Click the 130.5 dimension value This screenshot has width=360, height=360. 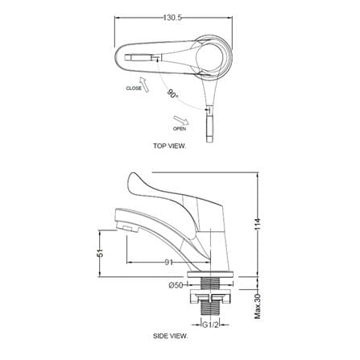pos(172,18)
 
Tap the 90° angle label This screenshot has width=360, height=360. pos(172,93)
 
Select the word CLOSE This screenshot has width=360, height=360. pos(134,88)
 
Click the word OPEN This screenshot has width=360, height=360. pos(180,129)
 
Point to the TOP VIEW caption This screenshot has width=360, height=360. pos(169,146)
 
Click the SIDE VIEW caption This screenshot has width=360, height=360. pos(171,336)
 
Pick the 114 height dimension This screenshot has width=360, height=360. pos(258,224)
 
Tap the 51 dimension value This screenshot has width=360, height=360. pos(100,253)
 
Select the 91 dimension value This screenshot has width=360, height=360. pos(168,263)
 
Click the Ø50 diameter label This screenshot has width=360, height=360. pos(176,286)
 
